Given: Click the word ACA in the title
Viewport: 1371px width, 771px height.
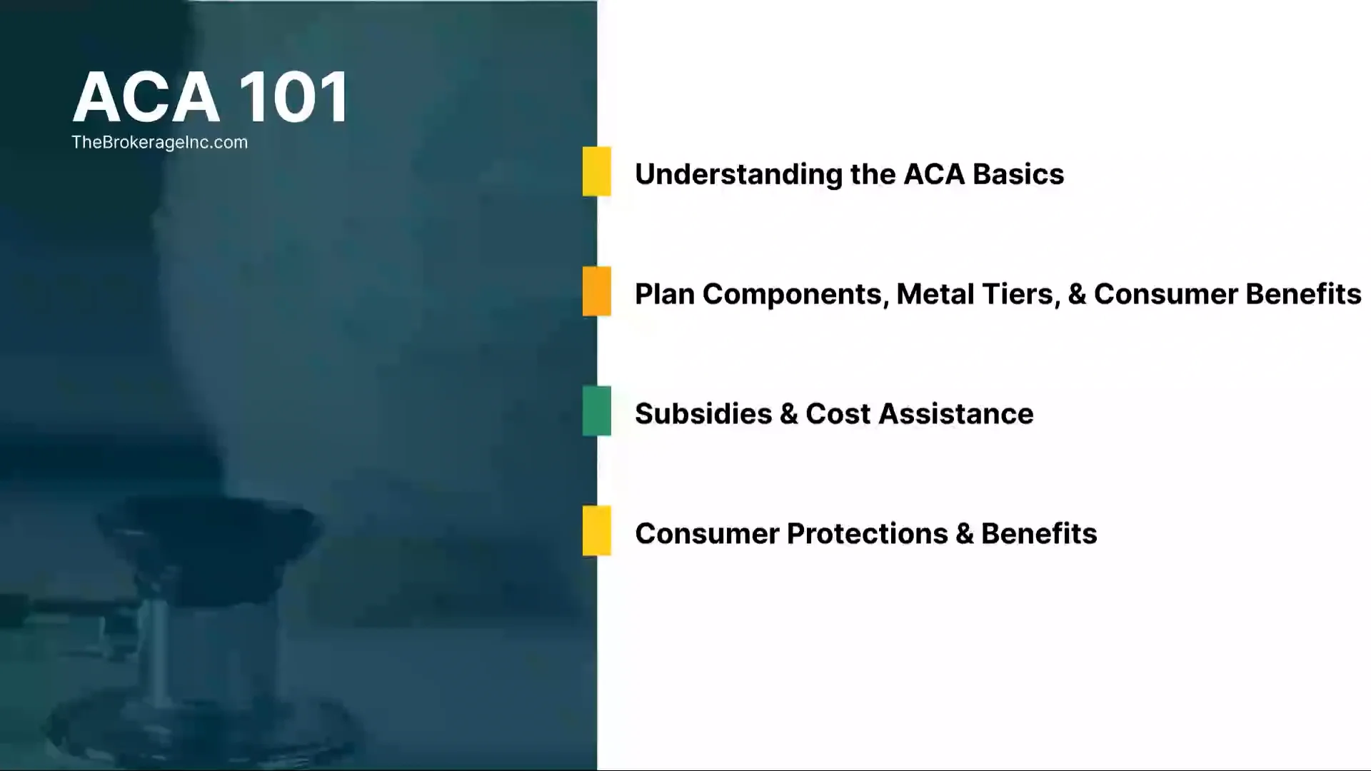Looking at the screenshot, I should tap(146, 98).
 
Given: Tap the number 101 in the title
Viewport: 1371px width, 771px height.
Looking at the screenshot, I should tap(293, 98).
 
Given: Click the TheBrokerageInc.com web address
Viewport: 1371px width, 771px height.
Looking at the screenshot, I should tap(159, 142).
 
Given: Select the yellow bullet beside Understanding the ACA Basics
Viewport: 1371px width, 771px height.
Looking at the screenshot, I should tap(596, 171).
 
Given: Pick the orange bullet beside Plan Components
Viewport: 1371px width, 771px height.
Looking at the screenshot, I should tap(596, 291).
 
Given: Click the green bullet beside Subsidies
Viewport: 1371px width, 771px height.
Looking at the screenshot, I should tap(596, 411).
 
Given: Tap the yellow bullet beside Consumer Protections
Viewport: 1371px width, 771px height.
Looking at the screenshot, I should tap(596, 530).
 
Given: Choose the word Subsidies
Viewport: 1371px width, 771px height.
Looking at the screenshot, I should tap(703, 414).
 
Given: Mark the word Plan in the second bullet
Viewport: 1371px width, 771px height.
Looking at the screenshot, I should tap(664, 294).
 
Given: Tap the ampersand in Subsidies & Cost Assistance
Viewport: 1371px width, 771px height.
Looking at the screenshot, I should tap(788, 414).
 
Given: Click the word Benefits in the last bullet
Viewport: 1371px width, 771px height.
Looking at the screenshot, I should tap(1039, 534).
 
